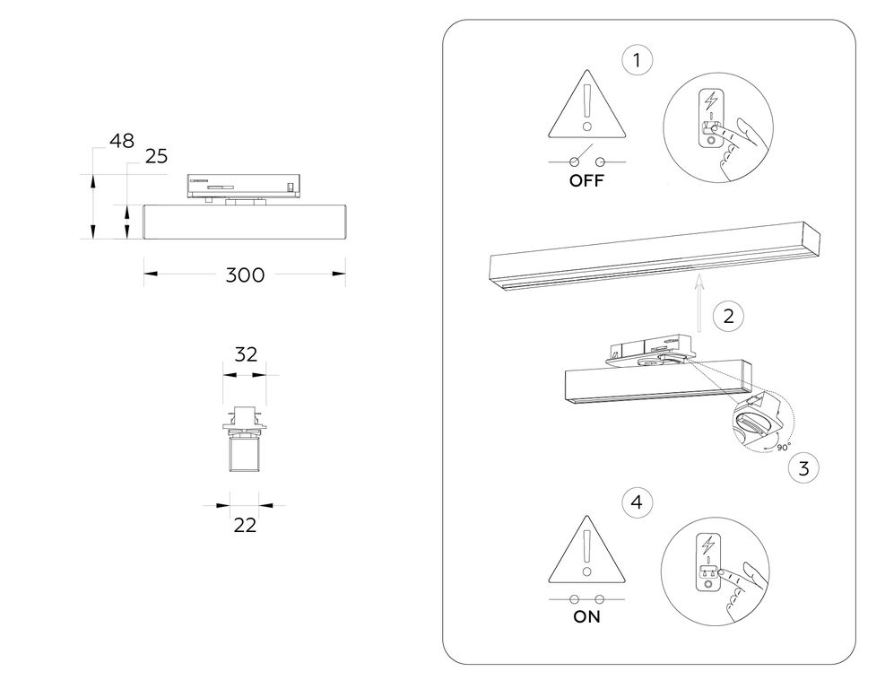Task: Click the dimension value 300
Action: tap(245, 275)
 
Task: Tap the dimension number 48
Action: tap(122, 141)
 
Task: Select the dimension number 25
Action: tap(156, 156)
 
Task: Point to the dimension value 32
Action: tap(246, 354)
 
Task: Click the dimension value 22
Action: tap(245, 525)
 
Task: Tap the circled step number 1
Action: tap(638, 60)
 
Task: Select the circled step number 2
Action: tap(728, 316)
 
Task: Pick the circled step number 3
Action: tap(803, 468)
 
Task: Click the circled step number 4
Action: tap(638, 502)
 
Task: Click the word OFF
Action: tap(586, 180)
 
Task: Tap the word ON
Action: tap(586, 616)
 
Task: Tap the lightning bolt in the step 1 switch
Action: tap(711, 101)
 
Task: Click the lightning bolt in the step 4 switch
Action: tap(707, 545)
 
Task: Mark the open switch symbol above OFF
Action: tap(587, 158)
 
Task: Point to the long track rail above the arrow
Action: tap(655, 257)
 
